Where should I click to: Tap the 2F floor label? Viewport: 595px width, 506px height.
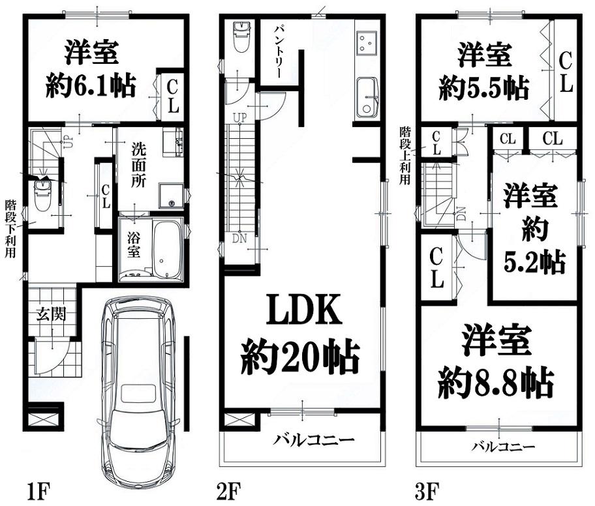(228, 492)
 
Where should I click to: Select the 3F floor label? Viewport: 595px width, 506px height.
(427, 492)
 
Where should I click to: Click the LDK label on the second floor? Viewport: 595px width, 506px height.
(304, 310)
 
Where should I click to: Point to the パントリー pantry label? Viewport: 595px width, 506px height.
(280, 52)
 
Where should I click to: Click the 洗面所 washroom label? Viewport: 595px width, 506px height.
(139, 165)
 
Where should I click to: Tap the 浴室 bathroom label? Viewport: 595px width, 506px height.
(134, 245)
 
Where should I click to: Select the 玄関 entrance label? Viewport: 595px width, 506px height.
(52, 314)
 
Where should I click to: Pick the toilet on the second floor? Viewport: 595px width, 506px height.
(241, 37)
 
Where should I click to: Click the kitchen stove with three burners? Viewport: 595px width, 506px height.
(367, 42)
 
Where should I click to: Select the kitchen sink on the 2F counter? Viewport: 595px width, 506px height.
(367, 97)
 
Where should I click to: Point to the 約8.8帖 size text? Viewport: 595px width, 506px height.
(496, 383)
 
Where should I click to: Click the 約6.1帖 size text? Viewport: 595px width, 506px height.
(91, 85)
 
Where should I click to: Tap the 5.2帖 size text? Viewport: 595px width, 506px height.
(535, 261)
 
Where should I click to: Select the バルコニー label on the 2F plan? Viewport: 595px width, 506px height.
(313, 440)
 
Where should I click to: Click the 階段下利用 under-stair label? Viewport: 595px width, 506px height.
(10, 229)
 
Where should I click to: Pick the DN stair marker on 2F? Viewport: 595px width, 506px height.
(239, 239)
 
